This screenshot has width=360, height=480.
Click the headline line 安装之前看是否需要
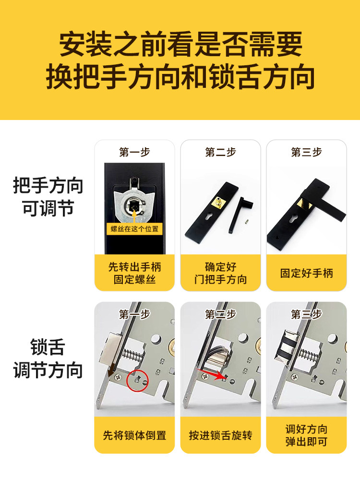click(180, 45)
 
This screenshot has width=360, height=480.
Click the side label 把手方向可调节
click(48, 197)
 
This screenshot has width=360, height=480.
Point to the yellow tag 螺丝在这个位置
click(134, 229)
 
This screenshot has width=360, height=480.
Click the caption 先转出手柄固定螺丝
click(134, 273)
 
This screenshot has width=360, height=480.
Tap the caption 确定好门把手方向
click(220, 273)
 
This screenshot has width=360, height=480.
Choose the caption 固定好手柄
click(306, 273)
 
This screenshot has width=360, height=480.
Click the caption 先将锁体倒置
click(134, 435)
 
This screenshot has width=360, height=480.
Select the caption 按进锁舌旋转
click(220, 435)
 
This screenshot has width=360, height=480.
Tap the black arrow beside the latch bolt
click(110, 370)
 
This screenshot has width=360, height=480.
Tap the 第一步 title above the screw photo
click(134, 152)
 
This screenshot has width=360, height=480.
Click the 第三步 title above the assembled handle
click(306, 152)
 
